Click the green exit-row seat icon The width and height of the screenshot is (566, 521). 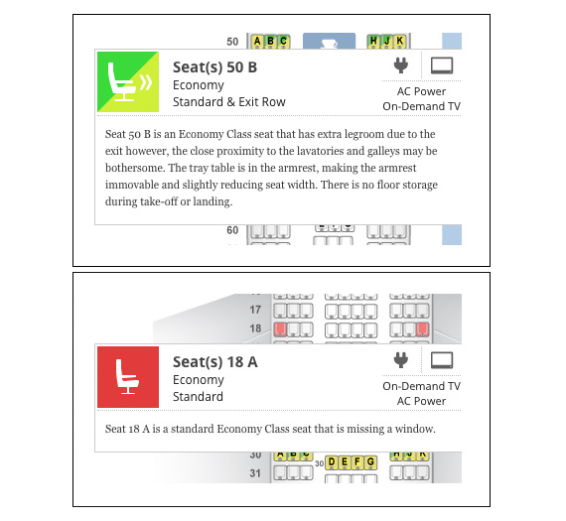click(x=128, y=82)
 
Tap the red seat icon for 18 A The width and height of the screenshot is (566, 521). click(x=128, y=377)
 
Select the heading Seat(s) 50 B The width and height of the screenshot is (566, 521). click(x=214, y=67)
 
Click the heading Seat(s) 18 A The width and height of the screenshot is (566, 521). click(x=215, y=362)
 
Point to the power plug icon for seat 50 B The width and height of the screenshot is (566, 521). click(x=401, y=65)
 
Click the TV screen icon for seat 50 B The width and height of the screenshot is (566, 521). click(x=442, y=65)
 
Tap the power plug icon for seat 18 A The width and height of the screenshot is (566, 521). click(x=401, y=360)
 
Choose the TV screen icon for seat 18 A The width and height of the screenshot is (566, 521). click(x=442, y=360)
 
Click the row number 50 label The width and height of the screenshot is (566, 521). click(x=232, y=42)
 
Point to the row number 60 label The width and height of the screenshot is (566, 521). click(x=232, y=230)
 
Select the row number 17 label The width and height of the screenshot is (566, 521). click(x=255, y=310)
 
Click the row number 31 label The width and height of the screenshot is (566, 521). click(x=255, y=473)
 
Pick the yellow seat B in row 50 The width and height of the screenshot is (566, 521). click(x=270, y=41)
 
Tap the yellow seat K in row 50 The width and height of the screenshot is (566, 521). click(x=399, y=41)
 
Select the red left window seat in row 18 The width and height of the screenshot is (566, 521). click(x=280, y=329)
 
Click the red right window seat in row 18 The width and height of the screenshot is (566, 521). click(x=422, y=329)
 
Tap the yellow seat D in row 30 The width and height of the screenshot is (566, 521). click(x=332, y=462)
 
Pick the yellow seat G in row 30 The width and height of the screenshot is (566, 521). click(x=370, y=462)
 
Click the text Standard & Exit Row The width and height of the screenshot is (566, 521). click(x=229, y=102)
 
